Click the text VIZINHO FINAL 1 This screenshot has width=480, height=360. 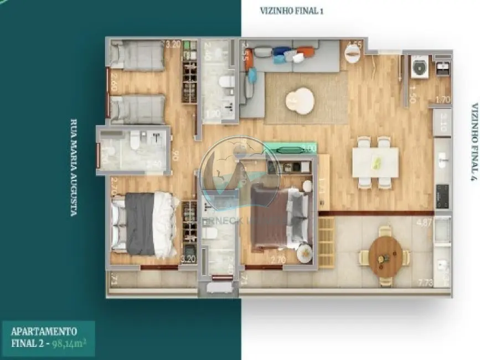tap(291, 11)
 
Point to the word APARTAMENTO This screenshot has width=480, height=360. tap(44, 331)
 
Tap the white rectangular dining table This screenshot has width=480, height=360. tap(375, 162)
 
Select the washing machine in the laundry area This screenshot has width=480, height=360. tap(420, 68)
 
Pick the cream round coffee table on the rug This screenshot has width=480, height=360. tap(300, 101)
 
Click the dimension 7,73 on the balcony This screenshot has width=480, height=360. tap(425, 284)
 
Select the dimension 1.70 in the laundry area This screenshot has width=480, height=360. tap(443, 100)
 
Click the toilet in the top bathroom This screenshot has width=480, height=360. tap(226, 83)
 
